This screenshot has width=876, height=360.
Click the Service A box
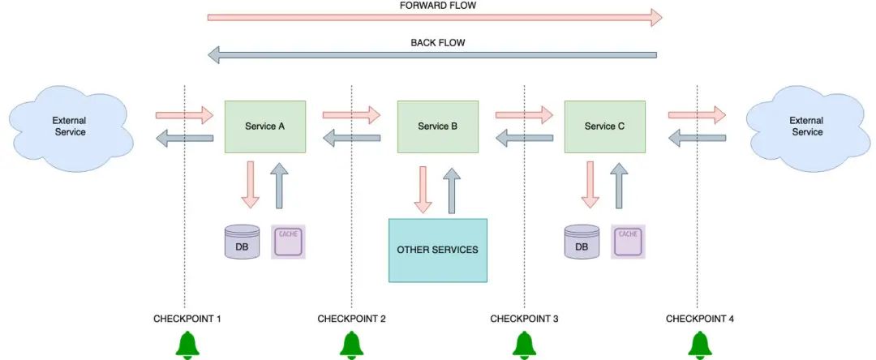click(x=264, y=126)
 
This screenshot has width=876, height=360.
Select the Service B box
click(x=437, y=126)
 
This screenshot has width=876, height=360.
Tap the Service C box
click(x=604, y=126)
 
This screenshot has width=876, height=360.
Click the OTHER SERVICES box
click(x=438, y=250)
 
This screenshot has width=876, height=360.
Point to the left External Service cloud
click(x=71, y=128)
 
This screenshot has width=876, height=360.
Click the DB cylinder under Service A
click(x=242, y=242)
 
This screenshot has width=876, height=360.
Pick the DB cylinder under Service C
click(x=582, y=242)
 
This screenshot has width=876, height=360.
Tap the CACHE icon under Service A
click(x=288, y=242)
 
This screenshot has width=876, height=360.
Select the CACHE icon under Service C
click(x=628, y=242)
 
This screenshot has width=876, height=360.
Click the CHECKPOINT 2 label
click(x=351, y=319)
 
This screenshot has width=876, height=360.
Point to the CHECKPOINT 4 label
click(x=700, y=319)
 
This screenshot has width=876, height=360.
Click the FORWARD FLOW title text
click(x=438, y=6)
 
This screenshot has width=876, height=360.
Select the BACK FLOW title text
click(x=438, y=43)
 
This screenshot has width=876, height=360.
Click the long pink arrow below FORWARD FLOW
click(x=435, y=17)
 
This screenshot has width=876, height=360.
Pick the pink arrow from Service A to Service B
click(x=351, y=115)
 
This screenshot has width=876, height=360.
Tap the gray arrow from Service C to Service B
click(x=524, y=137)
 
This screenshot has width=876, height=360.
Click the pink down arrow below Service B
click(x=423, y=190)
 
